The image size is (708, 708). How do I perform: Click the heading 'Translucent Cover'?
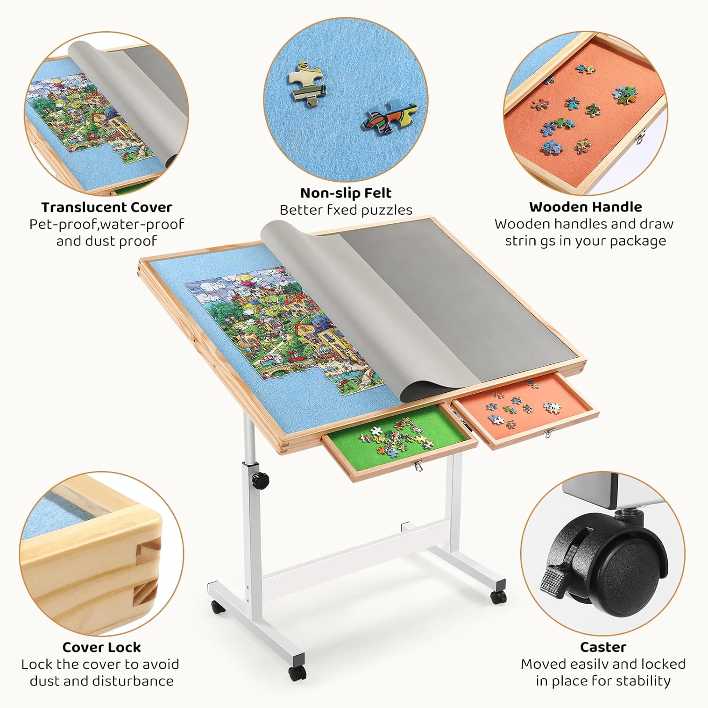[107, 207]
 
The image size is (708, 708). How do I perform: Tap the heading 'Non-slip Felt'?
[346, 193]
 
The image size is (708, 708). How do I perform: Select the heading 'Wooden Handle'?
[585, 207]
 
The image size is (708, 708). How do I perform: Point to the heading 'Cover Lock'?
[101, 647]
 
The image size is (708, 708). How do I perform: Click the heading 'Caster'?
[603, 647]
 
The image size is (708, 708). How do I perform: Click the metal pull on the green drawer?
[416, 467]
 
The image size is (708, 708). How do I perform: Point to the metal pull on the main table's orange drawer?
[548, 432]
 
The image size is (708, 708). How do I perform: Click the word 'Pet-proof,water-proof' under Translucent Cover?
[107, 224]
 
